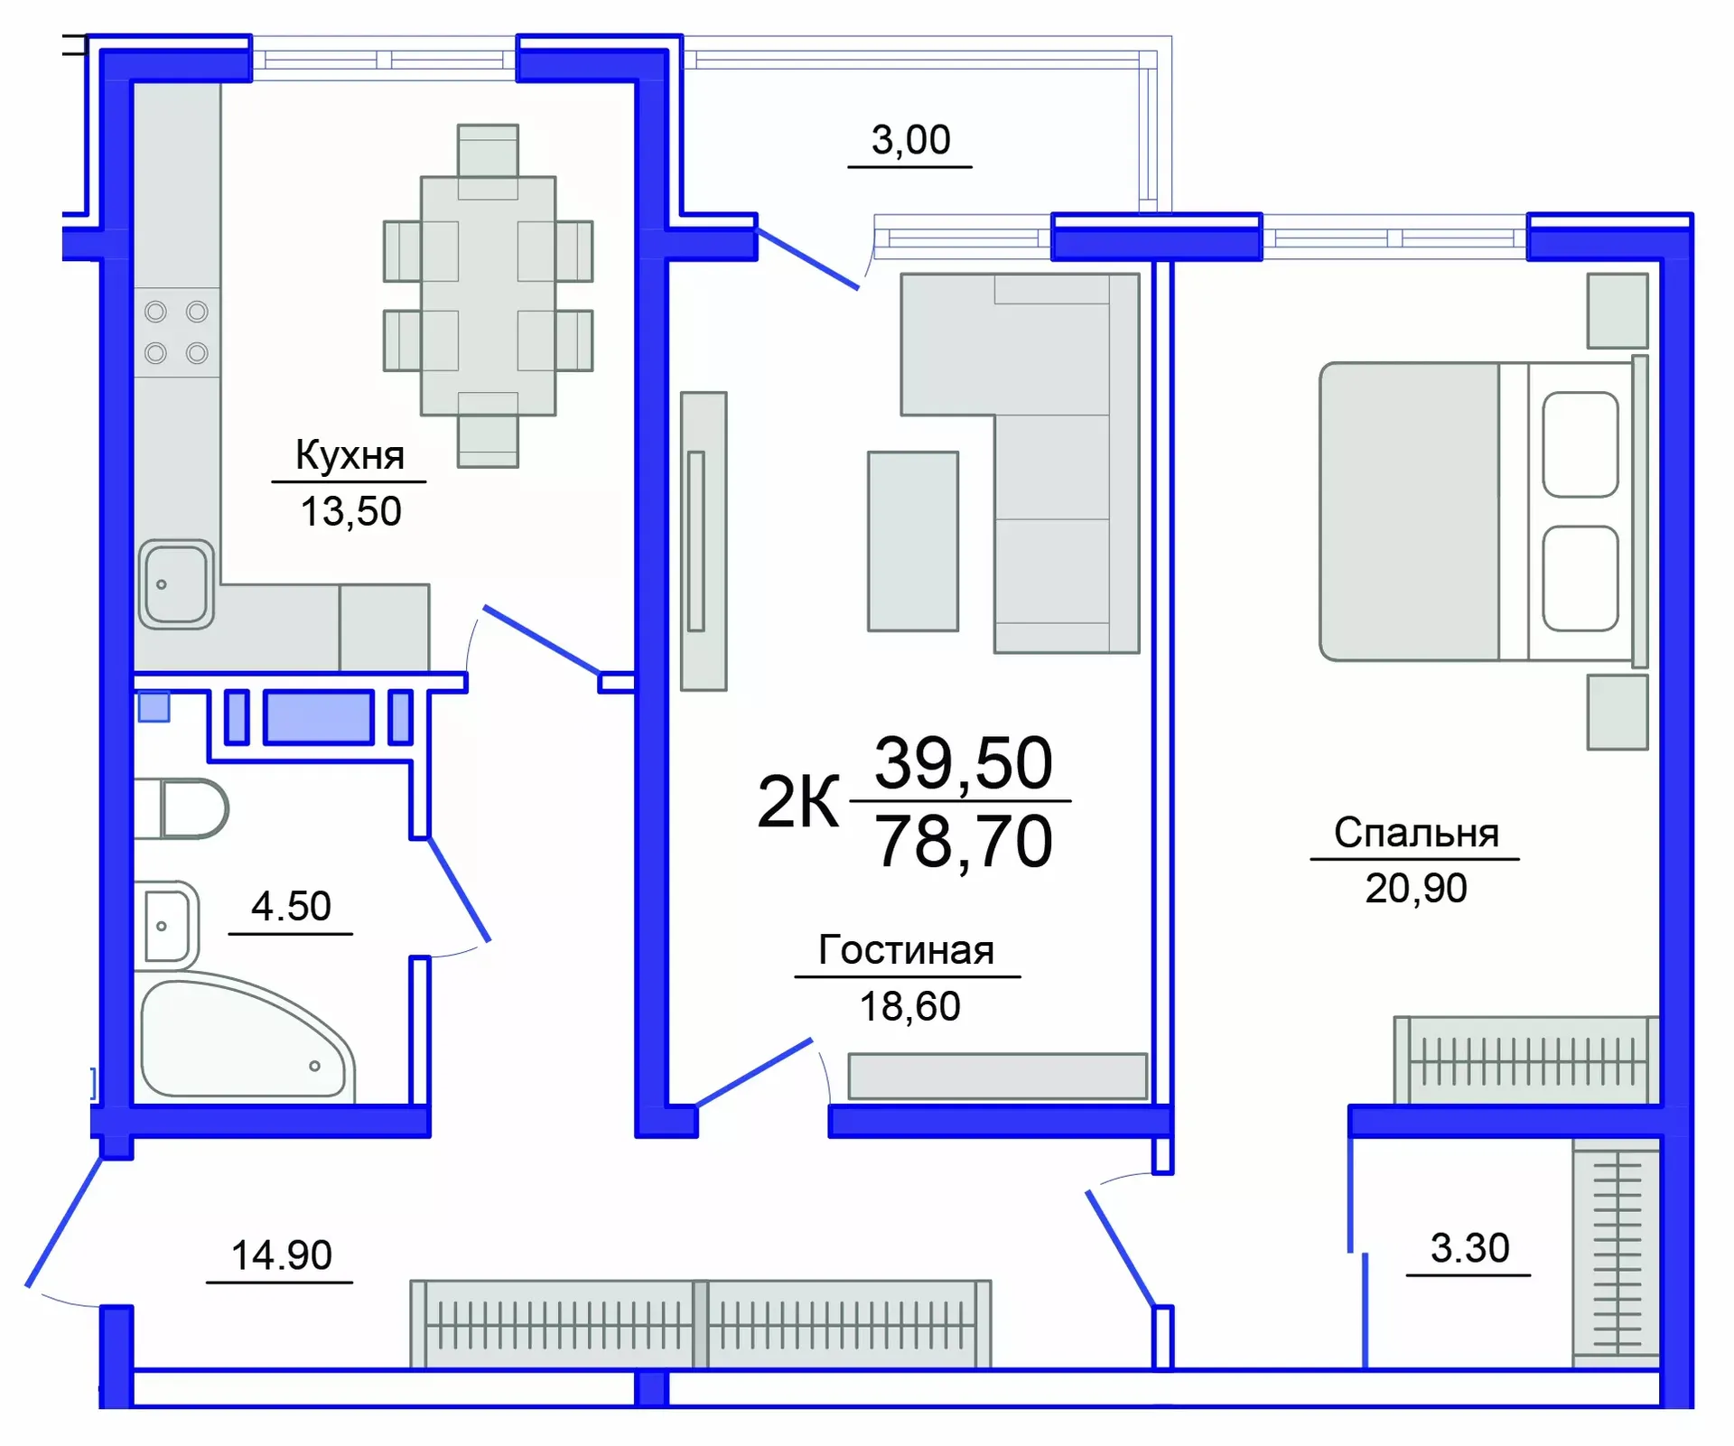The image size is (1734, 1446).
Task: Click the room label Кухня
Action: (350, 455)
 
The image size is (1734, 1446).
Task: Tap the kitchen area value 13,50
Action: (350, 511)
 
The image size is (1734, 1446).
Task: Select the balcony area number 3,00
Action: (910, 140)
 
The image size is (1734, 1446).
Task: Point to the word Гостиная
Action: (906, 950)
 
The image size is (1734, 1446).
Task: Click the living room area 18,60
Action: (909, 1006)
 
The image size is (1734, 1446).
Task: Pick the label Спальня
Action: (1415, 833)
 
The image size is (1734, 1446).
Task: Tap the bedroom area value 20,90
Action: (1415, 889)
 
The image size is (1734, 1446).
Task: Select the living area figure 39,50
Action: (964, 763)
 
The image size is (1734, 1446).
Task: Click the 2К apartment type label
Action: (797, 802)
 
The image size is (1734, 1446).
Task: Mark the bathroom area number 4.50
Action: (291, 906)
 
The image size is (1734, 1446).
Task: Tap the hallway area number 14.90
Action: (281, 1255)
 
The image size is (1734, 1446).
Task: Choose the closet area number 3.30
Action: (1469, 1248)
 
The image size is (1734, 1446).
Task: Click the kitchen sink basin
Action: (176, 583)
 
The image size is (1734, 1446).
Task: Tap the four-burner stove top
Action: (177, 332)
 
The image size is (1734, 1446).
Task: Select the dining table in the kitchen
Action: (488, 295)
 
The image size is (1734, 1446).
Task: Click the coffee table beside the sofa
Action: (912, 541)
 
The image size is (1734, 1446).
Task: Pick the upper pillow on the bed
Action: (1580, 444)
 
